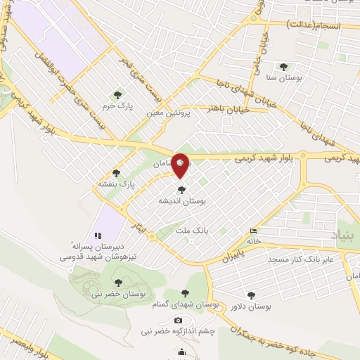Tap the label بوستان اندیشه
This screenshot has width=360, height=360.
182,200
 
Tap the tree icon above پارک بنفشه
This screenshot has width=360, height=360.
116,173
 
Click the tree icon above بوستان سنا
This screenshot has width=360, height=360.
283,67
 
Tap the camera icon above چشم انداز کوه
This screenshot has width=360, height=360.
178,321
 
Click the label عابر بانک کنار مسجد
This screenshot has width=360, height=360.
302,259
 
